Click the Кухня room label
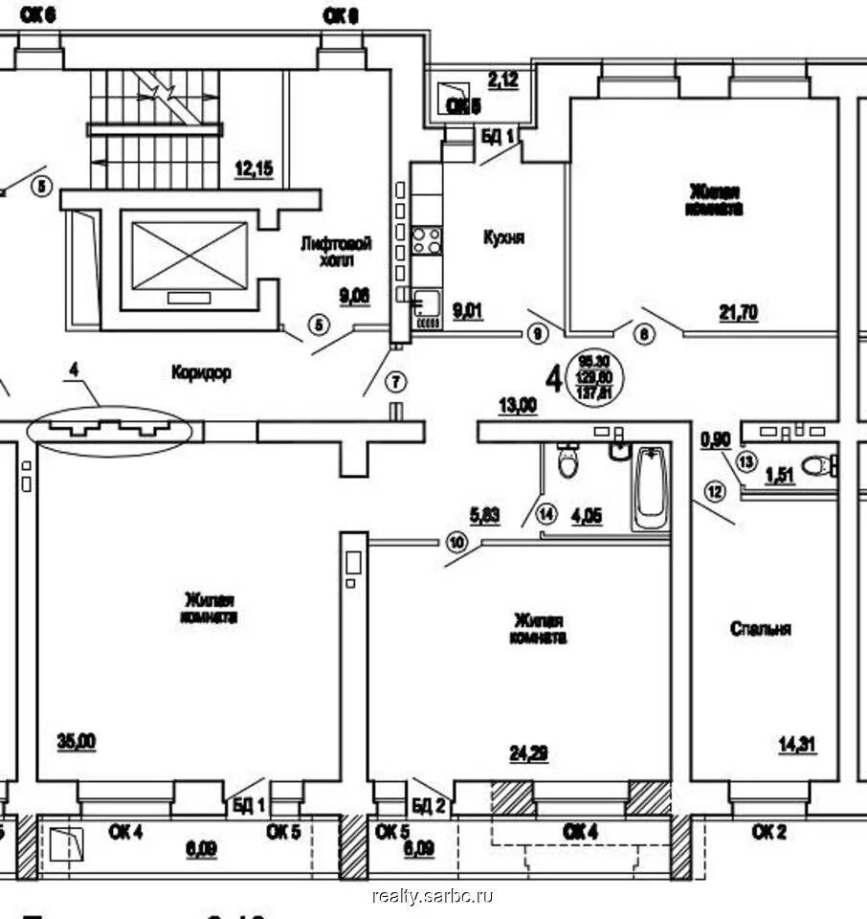(x=503, y=238)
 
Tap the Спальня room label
(x=761, y=629)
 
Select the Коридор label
(x=201, y=372)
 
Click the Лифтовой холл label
(x=335, y=252)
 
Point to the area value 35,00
(x=77, y=740)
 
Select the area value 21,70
(x=738, y=311)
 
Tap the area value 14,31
(x=797, y=744)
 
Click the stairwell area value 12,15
(x=254, y=169)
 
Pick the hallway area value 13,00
(x=517, y=406)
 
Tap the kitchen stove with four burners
(x=427, y=240)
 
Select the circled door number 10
(x=456, y=543)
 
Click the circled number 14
(x=546, y=512)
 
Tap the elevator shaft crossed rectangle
(x=189, y=255)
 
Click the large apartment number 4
(x=553, y=378)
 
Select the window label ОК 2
(x=768, y=832)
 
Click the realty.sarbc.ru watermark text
(x=433, y=896)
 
